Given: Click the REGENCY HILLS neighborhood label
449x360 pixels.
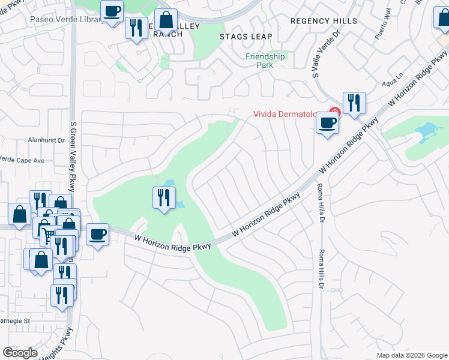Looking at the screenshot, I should coord(320,20).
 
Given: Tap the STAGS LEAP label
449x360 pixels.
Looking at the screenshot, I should coord(246,37).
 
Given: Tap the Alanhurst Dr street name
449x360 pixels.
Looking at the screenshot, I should coord(46,140).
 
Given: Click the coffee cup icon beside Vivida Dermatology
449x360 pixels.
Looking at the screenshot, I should coord(327,123).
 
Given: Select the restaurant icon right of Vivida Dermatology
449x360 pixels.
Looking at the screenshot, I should coord(354,103).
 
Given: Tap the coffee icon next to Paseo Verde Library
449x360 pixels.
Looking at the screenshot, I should coord(112,11).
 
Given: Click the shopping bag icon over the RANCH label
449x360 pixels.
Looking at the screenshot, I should coord(166,20).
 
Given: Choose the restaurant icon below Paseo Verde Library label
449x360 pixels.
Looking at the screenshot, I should coord(136,28).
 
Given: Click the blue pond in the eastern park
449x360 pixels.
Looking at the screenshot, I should coord(427,130).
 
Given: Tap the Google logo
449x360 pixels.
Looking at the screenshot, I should coord(20,353).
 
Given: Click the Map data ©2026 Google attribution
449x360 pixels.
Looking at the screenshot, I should coord(411,355).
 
